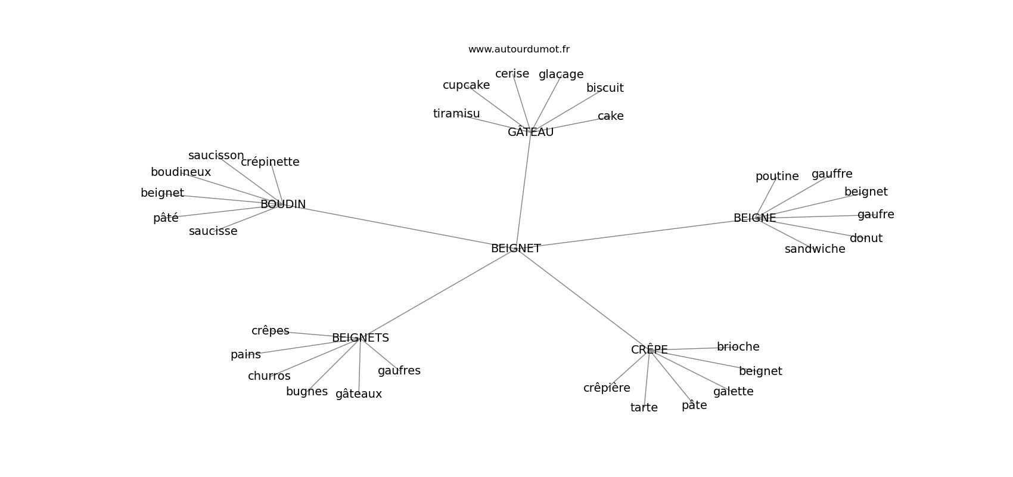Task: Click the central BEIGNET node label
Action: click(x=515, y=249)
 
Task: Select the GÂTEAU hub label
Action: click(x=530, y=132)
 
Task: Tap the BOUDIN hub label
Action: click(x=283, y=205)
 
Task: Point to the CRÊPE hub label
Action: click(x=649, y=350)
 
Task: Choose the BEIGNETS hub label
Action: click(x=360, y=338)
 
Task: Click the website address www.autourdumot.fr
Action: click(x=518, y=49)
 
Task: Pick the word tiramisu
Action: click(x=456, y=114)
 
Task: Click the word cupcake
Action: click(x=466, y=85)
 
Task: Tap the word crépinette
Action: click(x=270, y=162)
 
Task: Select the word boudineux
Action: click(x=181, y=172)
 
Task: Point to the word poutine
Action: click(x=776, y=176)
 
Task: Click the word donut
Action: click(x=866, y=238)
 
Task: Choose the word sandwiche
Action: click(x=815, y=249)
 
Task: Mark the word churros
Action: click(x=269, y=376)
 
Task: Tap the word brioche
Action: click(x=738, y=347)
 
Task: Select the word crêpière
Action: click(x=607, y=388)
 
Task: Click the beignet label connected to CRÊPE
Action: click(x=760, y=371)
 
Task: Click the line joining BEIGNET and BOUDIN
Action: click(x=399, y=227)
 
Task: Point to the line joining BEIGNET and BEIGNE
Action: click(x=638, y=233)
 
